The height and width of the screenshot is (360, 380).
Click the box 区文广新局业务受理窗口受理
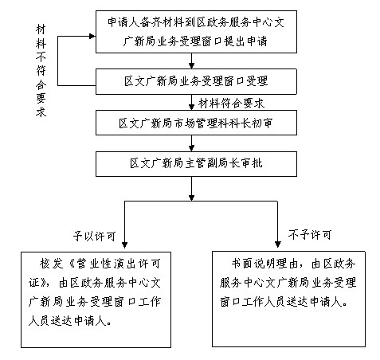tap(196, 81)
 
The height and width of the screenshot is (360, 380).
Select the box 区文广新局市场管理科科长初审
tap(196, 123)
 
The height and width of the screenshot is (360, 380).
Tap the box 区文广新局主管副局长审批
tap(196, 164)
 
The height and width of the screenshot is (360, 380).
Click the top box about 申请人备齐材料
tap(196, 32)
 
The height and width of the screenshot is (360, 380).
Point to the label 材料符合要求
tap(231, 103)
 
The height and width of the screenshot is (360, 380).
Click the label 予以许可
tap(94, 236)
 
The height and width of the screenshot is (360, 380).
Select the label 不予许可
tap(310, 235)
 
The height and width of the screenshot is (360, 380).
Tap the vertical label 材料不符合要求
tap(41, 71)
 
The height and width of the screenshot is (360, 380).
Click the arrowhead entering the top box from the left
tap(92, 37)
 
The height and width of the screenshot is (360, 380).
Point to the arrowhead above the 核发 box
tap(124, 245)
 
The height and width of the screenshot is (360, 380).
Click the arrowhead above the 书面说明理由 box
tap(277, 245)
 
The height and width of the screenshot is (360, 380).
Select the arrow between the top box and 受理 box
tap(191, 61)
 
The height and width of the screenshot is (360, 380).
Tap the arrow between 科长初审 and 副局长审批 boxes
tap(191, 143)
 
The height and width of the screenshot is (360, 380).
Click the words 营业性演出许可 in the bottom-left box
tap(119, 264)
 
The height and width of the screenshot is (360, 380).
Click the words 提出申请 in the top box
tap(245, 41)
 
